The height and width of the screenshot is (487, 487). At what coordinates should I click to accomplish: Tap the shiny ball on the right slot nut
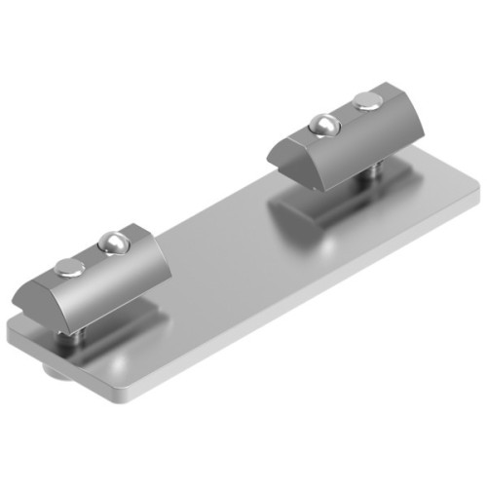click(323, 124)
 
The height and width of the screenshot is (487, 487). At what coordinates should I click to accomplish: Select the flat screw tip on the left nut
click(70, 266)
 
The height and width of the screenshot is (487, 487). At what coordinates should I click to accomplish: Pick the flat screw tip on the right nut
click(365, 99)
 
